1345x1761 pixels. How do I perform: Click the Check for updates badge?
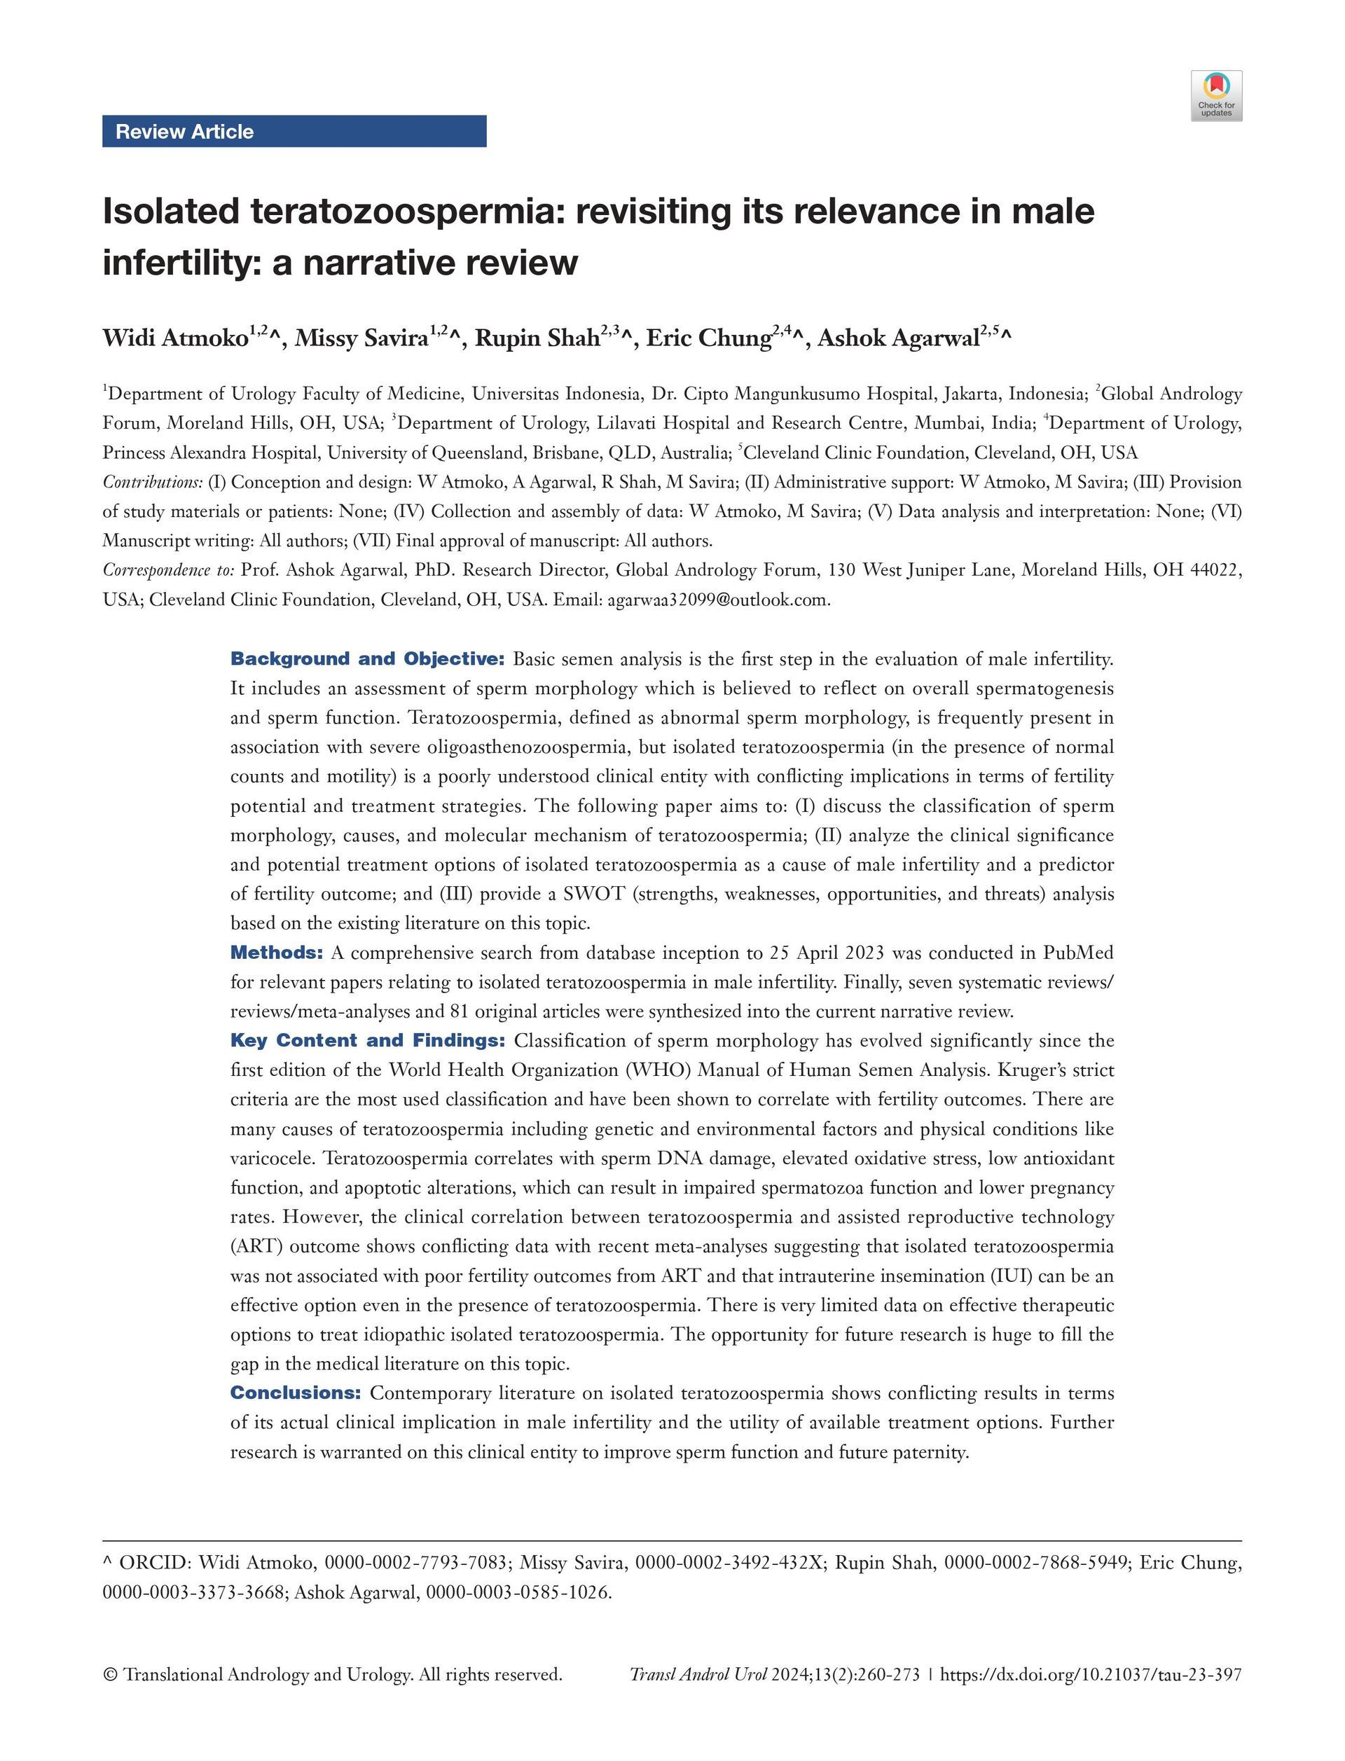coord(1216,96)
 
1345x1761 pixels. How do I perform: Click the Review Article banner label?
coord(184,131)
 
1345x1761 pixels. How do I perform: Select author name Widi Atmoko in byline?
coord(174,338)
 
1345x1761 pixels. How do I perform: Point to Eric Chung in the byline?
coord(708,338)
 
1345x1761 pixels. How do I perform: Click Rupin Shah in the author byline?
coord(537,338)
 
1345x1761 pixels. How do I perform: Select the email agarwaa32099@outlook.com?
coord(717,600)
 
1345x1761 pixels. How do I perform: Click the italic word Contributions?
coord(152,482)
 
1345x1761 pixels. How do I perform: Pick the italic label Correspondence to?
coord(168,570)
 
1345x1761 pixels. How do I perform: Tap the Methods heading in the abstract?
coord(276,953)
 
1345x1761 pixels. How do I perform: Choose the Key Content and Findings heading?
coord(368,1041)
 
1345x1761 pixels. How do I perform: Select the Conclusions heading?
coord(296,1393)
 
